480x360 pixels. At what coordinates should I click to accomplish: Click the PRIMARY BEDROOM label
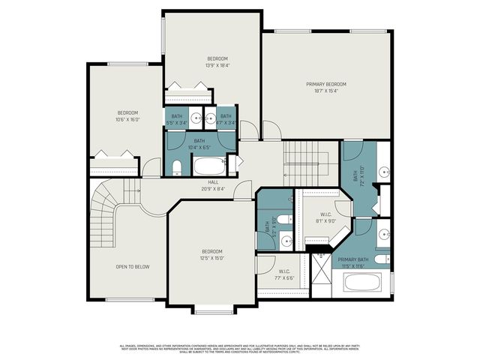(326, 84)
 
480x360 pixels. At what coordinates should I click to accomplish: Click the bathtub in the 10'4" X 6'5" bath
(209, 166)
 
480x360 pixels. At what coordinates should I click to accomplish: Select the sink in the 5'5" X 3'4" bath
(195, 118)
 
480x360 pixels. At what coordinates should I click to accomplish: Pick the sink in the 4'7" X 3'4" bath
(211, 118)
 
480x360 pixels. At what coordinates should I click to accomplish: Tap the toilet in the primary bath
(380, 259)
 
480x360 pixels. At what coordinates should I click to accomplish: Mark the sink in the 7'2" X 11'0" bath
(383, 172)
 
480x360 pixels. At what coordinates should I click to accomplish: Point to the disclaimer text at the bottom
(240, 348)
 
